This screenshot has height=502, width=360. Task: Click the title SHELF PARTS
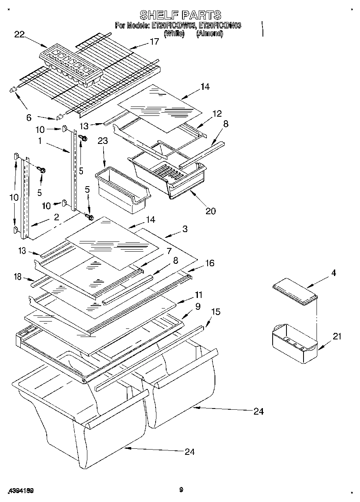click(x=180, y=15)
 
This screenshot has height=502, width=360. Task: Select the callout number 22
click(x=20, y=35)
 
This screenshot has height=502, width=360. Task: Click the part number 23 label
click(x=103, y=141)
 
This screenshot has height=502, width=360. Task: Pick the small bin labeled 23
click(x=122, y=187)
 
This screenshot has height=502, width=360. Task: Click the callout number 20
click(x=210, y=211)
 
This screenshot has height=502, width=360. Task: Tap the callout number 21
click(x=337, y=336)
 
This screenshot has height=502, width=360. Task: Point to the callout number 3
click(x=185, y=229)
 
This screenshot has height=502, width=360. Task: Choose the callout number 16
click(x=209, y=263)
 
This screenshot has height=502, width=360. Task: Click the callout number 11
click(x=199, y=295)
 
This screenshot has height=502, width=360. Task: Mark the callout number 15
click(x=216, y=312)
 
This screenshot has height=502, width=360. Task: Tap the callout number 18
click(x=17, y=277)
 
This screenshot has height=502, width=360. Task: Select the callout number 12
click(x=217, y=113)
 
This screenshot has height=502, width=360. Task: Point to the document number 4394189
click(x=20, y=491)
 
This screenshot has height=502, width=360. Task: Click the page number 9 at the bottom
click(x=181, y=490)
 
